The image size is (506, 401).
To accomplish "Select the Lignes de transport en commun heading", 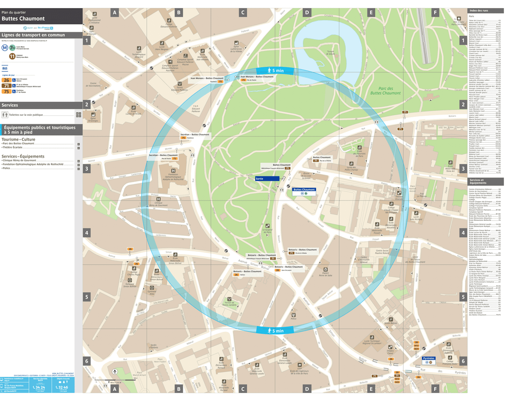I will point(33,35).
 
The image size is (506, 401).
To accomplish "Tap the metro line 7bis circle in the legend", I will point(5,47).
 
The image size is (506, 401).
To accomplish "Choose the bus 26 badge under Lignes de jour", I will point(6,79).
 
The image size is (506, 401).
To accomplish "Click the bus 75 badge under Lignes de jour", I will point(6,91).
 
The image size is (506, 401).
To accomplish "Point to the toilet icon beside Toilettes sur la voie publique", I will point(5,114).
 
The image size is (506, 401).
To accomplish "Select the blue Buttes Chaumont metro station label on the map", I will point(304,189).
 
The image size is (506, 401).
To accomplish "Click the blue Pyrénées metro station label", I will point(429,358).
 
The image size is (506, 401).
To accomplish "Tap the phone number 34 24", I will point(39,387).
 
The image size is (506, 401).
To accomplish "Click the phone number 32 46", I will point(62,387).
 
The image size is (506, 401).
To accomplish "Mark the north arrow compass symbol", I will point(115,372).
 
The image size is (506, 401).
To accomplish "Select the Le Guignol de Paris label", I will point(268,231).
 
